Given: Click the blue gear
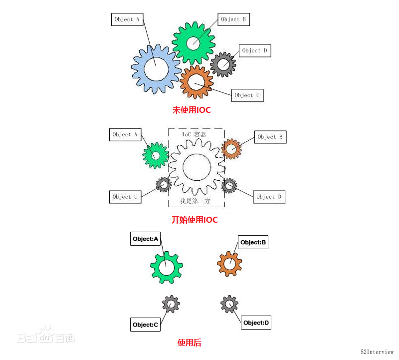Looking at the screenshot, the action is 138,69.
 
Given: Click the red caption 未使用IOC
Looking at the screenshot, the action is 192,110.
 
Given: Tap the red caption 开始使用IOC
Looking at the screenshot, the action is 195,220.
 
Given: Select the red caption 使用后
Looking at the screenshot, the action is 190,343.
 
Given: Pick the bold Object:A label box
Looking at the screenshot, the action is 145,239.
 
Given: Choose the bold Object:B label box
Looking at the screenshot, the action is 253,242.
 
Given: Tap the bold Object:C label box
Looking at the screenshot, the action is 145,325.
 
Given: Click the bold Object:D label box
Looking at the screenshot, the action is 256,323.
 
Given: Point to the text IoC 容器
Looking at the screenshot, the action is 194,134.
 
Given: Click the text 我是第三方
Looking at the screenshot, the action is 195,201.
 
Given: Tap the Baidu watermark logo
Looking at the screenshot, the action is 46,334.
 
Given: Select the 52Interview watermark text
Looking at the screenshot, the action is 377,352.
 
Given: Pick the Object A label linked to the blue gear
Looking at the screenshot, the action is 127,19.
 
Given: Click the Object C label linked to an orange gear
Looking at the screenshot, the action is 247,95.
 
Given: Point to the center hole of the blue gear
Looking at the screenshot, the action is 156,69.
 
